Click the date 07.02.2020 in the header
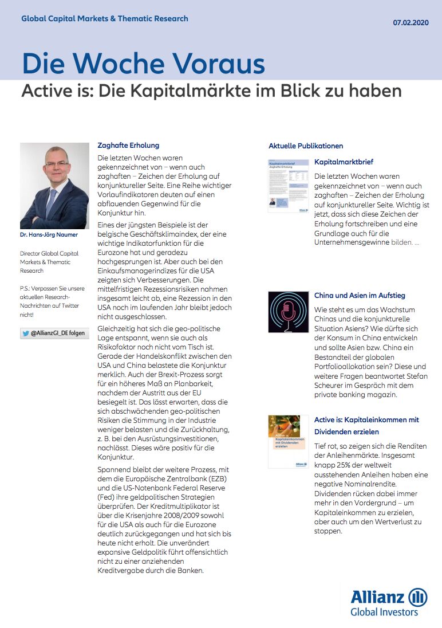(411, 23)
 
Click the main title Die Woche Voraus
(143, 64)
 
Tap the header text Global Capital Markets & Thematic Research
(105, 18)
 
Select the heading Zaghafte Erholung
(128, 146)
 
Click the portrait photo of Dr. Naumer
(54, 186)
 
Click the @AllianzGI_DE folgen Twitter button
(54, 333)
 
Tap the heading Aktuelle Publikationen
(306, 146)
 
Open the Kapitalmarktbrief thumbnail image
(288, 186)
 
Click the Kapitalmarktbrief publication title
(344, 162)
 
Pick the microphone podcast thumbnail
(288, 312)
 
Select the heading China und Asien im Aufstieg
(360, 296)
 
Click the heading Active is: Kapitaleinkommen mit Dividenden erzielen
(366, 426)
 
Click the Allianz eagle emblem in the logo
(417, 597)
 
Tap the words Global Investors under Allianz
(384, 612)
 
